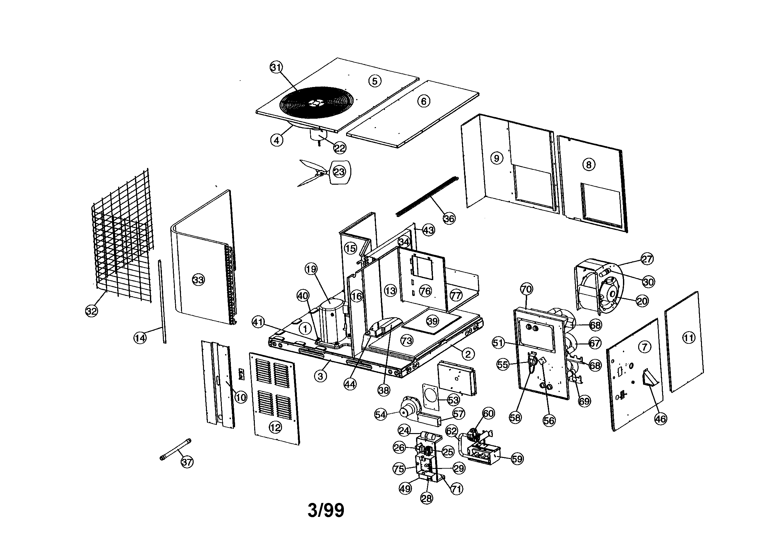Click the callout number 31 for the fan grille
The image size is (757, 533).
276,68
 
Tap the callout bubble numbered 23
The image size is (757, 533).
339,172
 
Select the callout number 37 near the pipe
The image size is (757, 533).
187,462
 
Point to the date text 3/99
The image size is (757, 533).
326,510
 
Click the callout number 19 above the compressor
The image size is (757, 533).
311,269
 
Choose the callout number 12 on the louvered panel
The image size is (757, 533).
275,428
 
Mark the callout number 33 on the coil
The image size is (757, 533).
198,280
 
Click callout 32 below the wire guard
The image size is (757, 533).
92,310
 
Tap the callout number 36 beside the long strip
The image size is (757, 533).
449,218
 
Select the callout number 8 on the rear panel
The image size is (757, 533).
589,164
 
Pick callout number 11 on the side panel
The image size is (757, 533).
688,338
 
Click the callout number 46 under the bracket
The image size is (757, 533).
661,419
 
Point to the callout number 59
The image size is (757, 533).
517,459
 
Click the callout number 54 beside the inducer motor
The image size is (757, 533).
381,414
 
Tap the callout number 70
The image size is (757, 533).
526,289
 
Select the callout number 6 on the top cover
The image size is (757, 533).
424,101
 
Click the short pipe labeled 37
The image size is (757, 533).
175,449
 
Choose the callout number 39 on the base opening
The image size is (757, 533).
432,321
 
